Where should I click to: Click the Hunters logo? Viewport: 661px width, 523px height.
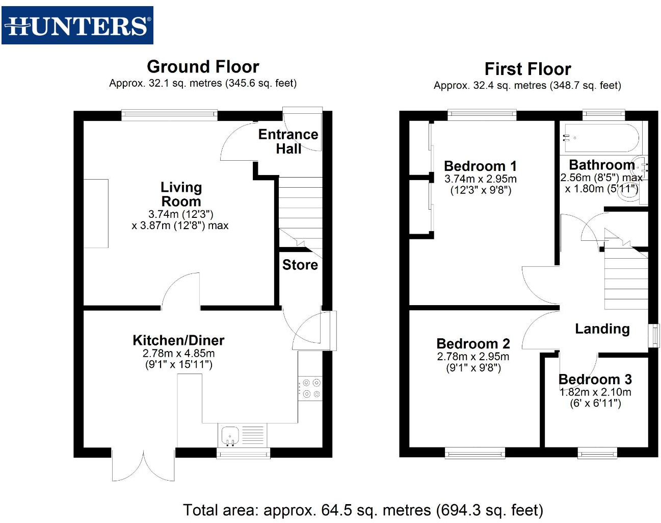pos(77,26)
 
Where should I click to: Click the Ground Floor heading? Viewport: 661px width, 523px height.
pos(203,67)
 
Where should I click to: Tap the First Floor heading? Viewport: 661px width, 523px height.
pos(527,69)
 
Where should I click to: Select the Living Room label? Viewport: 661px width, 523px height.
pos(181,194)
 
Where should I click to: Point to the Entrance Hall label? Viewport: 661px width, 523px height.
pos(288,141)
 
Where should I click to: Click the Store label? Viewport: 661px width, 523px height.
pos(300,265)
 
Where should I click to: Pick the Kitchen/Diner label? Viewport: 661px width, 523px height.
pos(178,340)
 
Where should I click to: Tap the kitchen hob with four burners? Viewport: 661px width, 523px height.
pos(310,388)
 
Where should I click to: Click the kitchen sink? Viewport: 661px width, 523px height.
pos(230,435)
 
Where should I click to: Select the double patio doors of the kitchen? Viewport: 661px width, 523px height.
pos(143,465)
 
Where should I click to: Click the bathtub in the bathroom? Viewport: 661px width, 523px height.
pos(600,138)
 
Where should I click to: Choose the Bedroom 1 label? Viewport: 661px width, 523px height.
pos(480,166)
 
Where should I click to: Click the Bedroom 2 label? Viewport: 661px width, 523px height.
pos(473,344)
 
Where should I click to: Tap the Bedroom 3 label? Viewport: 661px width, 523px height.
pos(595,380)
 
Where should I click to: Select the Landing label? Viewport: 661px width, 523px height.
pos(602,329)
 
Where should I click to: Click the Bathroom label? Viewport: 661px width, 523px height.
pos(601,165)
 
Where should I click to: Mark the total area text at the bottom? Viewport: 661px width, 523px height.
pos(363,510)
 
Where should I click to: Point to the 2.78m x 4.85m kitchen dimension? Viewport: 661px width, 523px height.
pos(178,354)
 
